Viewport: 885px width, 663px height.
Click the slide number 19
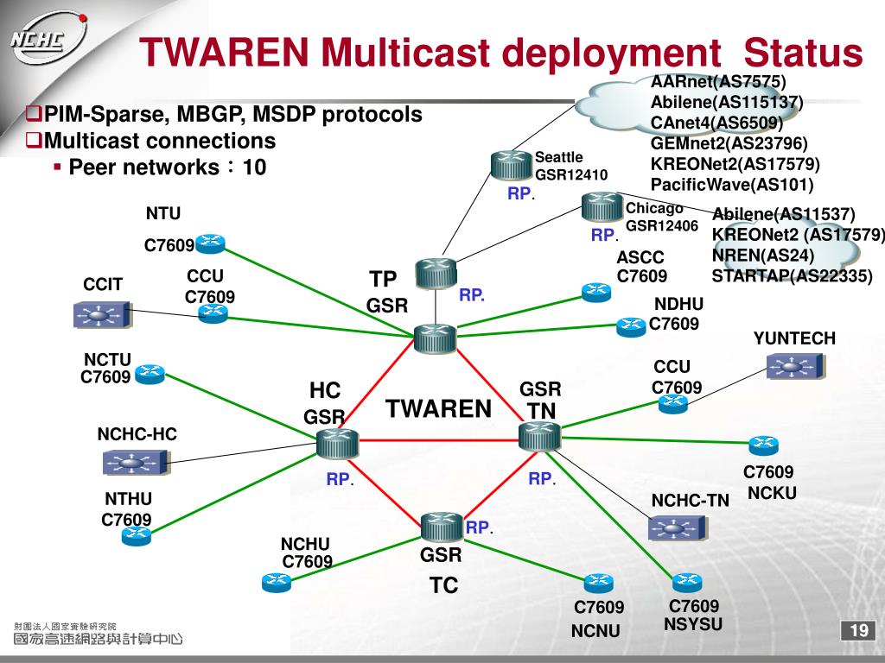tap(858, 631)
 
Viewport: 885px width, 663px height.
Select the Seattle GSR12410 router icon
tap(513, 165)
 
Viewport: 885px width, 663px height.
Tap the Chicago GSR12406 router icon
tap(602, 208)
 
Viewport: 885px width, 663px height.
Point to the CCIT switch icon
tap(102, 314)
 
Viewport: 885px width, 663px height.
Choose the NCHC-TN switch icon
tap(677, 527)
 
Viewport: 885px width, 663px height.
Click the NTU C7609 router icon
tap(210, 244)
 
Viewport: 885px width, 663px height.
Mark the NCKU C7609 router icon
tap(763, 445)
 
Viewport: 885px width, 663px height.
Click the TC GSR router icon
tap(442, 527)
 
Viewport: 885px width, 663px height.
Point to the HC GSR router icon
tap(331, 443)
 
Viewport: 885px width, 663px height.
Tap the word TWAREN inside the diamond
tap(438, 408)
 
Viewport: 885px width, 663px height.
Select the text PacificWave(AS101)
tap(732, 184)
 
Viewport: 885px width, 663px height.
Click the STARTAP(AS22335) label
tap(792, 275)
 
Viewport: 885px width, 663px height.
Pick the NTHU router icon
tap(136, 536)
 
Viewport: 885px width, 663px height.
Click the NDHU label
tap(678, 304)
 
